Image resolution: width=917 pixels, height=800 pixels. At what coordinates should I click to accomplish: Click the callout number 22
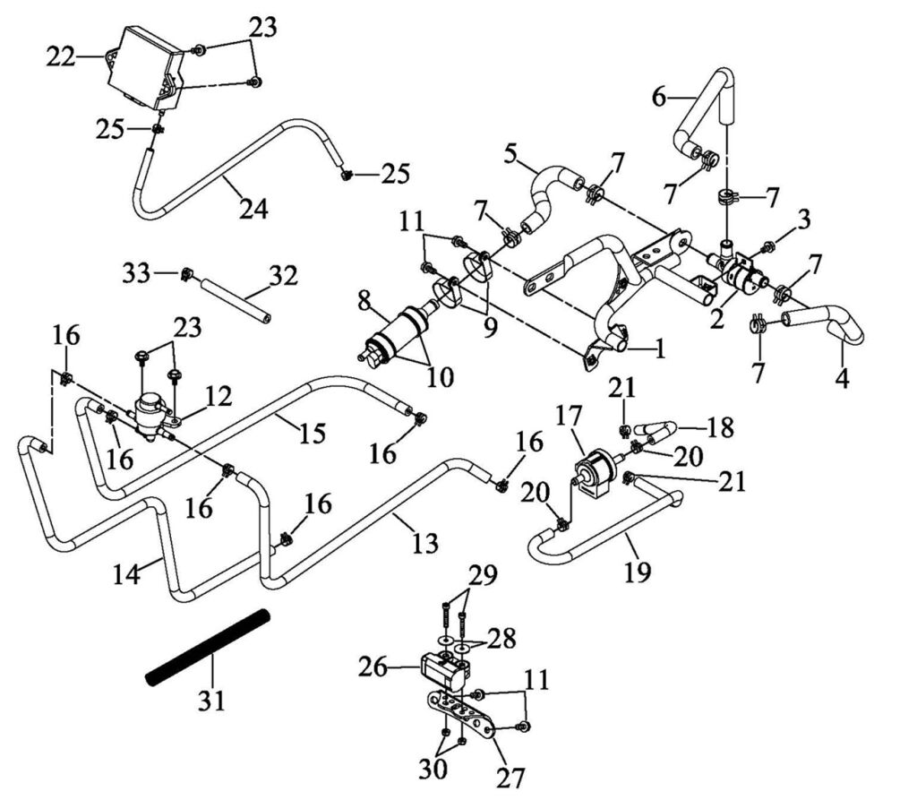coord(61,57)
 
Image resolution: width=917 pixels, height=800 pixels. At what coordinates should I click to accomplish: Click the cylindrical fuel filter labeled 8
coord(394,331)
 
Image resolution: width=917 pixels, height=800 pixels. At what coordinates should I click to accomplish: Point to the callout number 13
coord(426,542)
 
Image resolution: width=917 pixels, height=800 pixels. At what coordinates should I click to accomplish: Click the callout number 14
coord(127,573)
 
